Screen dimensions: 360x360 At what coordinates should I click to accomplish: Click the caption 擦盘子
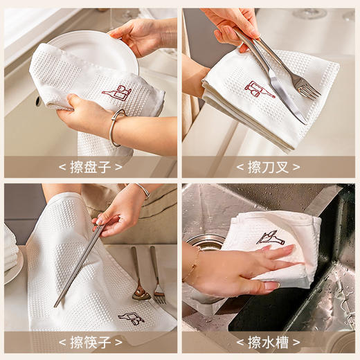[90, 167]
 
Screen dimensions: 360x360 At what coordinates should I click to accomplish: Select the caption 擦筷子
[90, 342]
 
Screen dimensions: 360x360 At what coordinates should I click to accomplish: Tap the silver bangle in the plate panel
[116, 128]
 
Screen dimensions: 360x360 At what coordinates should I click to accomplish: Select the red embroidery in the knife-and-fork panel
[258, 89]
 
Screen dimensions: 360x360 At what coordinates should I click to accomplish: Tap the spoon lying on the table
[140, 291]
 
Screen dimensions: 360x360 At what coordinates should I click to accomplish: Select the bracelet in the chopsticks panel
[142, 189]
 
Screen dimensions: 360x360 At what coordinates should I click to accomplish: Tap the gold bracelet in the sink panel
[191, 266]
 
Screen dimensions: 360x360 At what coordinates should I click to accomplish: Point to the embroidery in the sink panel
[270, 237]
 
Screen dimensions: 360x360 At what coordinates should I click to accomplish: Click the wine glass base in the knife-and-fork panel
[308, 13]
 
